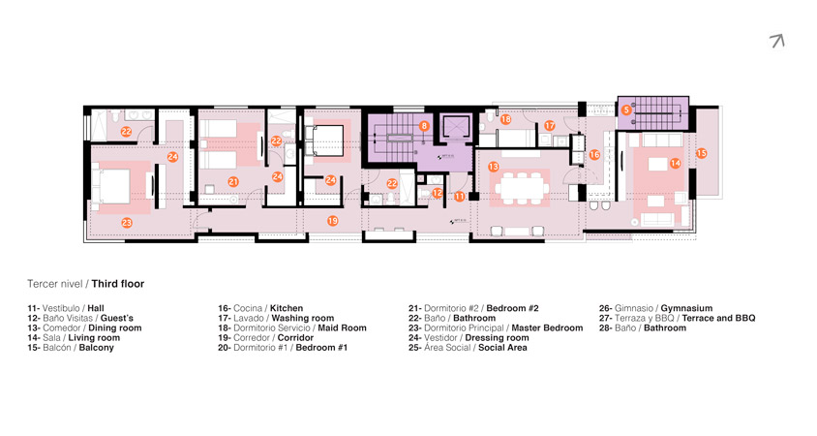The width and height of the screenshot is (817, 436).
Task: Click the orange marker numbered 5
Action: [626, 110]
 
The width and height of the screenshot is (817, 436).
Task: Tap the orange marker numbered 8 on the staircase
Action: [424, 126]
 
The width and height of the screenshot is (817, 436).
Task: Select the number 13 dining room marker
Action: [494, 167]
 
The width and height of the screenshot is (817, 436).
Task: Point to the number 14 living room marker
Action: [676, 163]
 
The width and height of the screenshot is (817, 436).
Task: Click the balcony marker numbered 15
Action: [702, 153]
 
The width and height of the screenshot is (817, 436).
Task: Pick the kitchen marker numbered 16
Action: [594, 155]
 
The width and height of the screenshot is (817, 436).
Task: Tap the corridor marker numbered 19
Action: [332, 221]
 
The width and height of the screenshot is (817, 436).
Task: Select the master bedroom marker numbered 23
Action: [127, 223]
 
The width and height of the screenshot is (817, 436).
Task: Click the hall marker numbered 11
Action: [459, 197]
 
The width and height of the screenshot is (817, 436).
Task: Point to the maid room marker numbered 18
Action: [505, 119]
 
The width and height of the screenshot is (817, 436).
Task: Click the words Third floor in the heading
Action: [118, 284]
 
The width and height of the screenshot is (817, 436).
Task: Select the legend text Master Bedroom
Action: [547, 328]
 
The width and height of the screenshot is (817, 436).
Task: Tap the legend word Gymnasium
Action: [686, 308]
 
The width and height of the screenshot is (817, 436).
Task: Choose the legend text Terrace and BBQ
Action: [718, 318]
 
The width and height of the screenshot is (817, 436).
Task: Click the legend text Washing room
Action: [303, 318]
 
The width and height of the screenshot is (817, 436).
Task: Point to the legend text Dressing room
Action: [498, 338]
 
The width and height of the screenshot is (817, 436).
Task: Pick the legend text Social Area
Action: [502, 347]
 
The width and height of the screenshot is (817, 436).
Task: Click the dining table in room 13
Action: [522, 187]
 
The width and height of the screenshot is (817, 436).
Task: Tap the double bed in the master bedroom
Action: [111, 186]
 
